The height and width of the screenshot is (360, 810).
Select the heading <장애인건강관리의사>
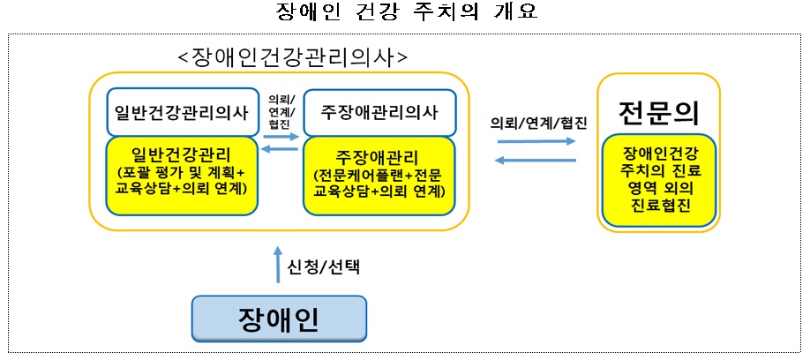point(292,59)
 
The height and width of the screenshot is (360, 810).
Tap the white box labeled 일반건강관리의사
point(182,110)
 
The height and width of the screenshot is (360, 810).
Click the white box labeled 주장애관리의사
point(379,110)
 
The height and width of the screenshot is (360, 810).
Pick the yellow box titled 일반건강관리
point(183,174)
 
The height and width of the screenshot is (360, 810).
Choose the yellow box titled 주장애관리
point(379,175)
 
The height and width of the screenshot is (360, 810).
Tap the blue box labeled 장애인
point(278,318)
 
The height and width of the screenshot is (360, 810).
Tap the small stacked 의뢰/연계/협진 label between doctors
point(281,110)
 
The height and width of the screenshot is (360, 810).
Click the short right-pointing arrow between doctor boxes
point(281,137)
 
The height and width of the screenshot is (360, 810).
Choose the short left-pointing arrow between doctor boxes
point(281,150)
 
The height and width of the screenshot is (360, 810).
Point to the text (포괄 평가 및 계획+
point(183,173)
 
